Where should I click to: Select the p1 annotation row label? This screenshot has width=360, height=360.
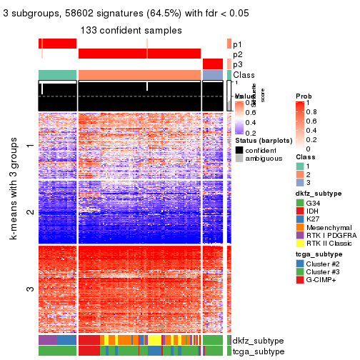237,44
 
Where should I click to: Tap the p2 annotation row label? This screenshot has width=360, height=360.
237,54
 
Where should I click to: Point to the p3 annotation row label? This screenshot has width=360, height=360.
237,65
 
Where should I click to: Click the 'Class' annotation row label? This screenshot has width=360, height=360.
244,75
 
